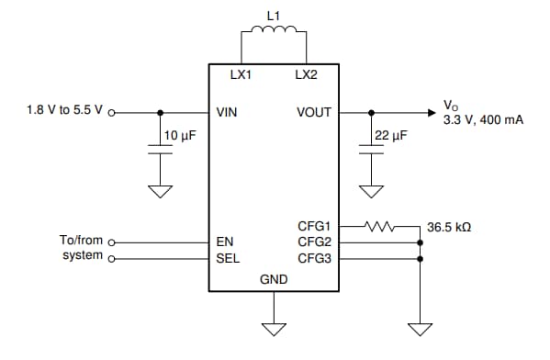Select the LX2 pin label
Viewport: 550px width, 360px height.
pyautogui.click(x=306, y=75)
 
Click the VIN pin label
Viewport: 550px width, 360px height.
pyautogui.click(x=227, y=113)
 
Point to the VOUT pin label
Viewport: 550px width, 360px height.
pyautogui.click(x=314, y=113)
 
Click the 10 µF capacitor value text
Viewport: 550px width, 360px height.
pyautogui.click(x=180, y=135)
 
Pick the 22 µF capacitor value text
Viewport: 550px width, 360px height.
pyautogui.click(x=391, y=135)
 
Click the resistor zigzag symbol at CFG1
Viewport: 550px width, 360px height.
pyautogui.click(x=379, y=225)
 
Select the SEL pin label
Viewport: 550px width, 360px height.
pyautogui.click(x=227, y=258)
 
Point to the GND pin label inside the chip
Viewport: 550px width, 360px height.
pyautogui.click(x=273, y=279)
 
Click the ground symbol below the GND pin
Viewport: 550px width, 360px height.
pyautogui.click(x=273, y=327)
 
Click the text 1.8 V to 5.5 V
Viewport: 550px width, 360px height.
pyautogui.click(x=65, y=113)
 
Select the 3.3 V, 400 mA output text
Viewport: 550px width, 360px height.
pyautogui.click(x=483, y=119)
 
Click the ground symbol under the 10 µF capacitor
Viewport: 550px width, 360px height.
pyautogui.click(x=160, y=193)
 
